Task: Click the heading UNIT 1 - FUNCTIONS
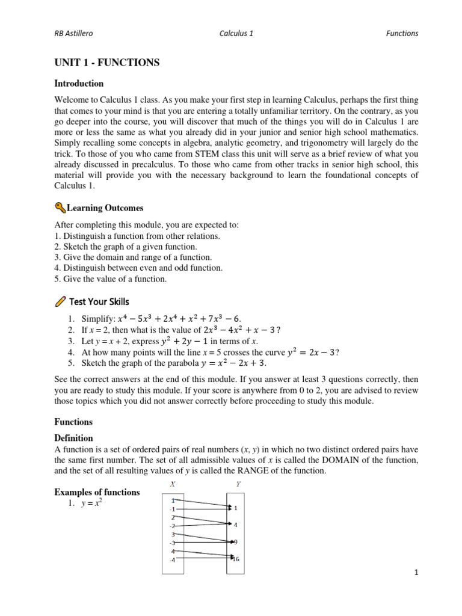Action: (x=106, y=63)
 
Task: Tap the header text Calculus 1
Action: (x=236, y=34)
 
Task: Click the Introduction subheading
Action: (x=79, y=84)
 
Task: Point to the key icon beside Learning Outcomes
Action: (x=60, y=208)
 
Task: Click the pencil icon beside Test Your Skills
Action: (x=60, y=301)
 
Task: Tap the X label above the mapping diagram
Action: (x=173, y=484)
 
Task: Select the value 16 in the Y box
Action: (x=235, y=559)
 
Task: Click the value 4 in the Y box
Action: (x=235, y=525)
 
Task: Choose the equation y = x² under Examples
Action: (x=91, y=503)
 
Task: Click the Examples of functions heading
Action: (x=97, y=492)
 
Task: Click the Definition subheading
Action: (x=73, y=439)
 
